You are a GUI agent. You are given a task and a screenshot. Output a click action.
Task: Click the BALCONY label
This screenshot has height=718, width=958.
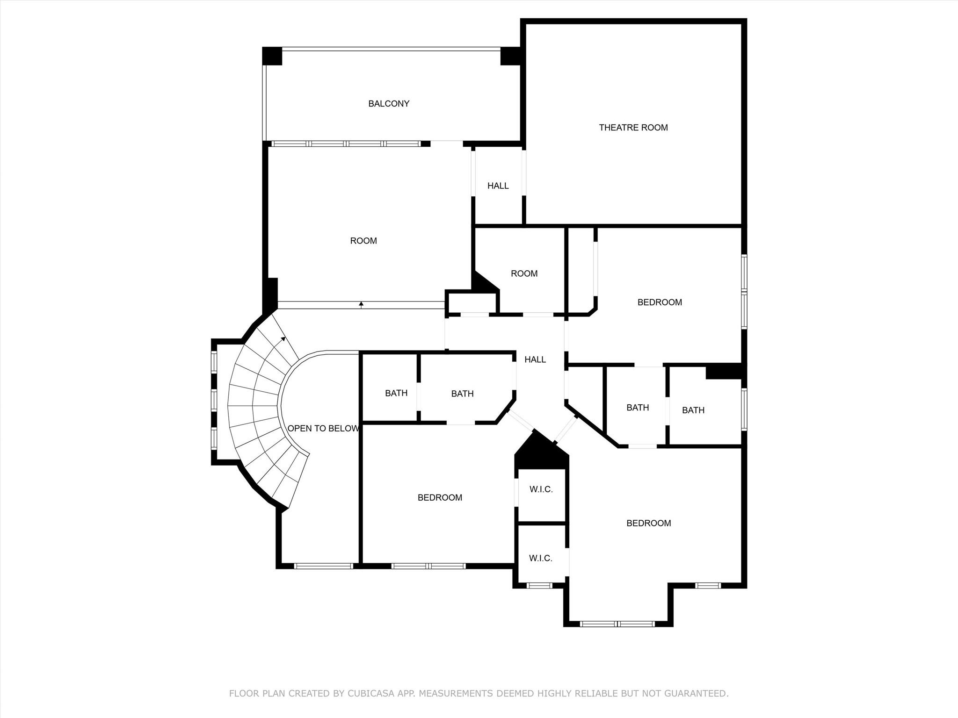389,104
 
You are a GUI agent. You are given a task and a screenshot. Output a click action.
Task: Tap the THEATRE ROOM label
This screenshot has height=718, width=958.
633,128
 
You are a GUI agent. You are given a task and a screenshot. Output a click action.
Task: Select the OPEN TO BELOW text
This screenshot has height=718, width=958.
323,429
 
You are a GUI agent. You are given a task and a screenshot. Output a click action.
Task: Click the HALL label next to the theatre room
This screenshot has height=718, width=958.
498,186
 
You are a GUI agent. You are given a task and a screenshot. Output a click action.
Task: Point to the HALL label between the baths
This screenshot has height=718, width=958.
535,359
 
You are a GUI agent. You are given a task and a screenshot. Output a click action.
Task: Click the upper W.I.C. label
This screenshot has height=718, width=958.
541,489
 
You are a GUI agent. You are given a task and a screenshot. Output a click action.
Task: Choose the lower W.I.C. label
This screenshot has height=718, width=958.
541,558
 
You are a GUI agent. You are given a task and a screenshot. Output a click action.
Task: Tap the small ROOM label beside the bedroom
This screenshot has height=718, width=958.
524,274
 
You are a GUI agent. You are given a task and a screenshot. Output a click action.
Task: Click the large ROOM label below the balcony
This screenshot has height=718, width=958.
363,241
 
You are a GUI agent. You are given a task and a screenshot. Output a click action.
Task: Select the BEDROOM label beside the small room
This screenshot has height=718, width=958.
660,302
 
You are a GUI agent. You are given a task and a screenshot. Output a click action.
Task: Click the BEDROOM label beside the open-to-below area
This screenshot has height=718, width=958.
440,498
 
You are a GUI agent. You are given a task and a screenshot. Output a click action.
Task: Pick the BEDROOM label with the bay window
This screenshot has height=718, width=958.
648,523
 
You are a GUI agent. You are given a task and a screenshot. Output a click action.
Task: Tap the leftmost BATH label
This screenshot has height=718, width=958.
396,393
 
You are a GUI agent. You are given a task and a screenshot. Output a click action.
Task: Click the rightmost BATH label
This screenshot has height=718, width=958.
693,410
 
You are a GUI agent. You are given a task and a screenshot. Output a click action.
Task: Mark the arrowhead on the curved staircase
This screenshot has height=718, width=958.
283,338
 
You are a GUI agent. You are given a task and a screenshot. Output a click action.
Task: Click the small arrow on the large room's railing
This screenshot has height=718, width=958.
361,304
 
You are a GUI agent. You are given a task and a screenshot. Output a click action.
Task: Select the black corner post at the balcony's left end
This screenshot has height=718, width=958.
272,56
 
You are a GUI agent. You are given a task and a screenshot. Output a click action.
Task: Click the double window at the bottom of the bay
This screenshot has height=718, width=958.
617,624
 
